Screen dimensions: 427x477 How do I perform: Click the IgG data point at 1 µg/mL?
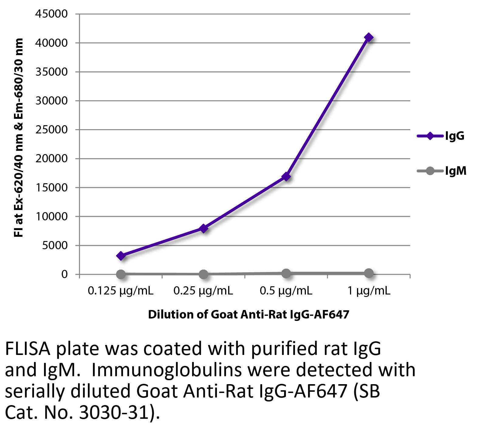click(x=369, y=37)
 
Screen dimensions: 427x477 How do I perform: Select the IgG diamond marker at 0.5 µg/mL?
click(x=286, y=177)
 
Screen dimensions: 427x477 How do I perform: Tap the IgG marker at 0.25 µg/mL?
click(x=203, y=228)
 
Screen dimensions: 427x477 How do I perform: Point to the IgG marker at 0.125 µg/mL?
click(x=121, y=256)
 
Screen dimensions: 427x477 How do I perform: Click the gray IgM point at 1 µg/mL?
click(x=369, y=273)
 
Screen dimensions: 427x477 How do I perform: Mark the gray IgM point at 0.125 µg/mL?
click(x=121, y=274)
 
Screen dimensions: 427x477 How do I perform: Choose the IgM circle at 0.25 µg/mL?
click(x=203, y=274)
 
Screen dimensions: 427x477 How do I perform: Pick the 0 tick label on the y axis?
click(x=64, y=274)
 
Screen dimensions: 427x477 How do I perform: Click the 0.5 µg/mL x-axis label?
click(x=286, y=291)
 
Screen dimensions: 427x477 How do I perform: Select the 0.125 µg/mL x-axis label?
click(x=121, y=291)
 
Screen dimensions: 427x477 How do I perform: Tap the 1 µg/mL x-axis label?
click(x=369, y=291)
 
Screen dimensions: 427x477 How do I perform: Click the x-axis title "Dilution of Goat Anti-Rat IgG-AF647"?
click(x=249, y=314)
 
